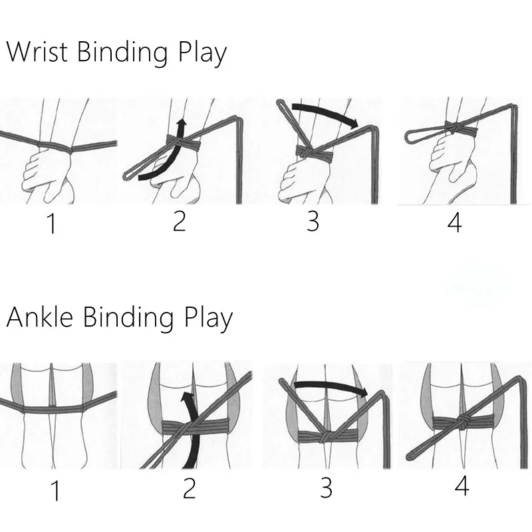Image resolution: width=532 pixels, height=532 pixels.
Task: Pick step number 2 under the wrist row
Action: (178, 221)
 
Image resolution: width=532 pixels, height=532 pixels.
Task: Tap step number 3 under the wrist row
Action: (313, 221)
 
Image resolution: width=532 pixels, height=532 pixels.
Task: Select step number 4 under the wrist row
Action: (454, 222)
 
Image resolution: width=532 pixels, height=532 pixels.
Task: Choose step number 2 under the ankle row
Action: (190, 489)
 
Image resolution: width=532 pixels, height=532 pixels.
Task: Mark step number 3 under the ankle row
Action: (325, 488)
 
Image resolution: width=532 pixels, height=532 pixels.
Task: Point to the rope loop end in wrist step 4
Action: (410, 135)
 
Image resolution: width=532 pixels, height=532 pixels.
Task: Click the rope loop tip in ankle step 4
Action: (407, 459)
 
